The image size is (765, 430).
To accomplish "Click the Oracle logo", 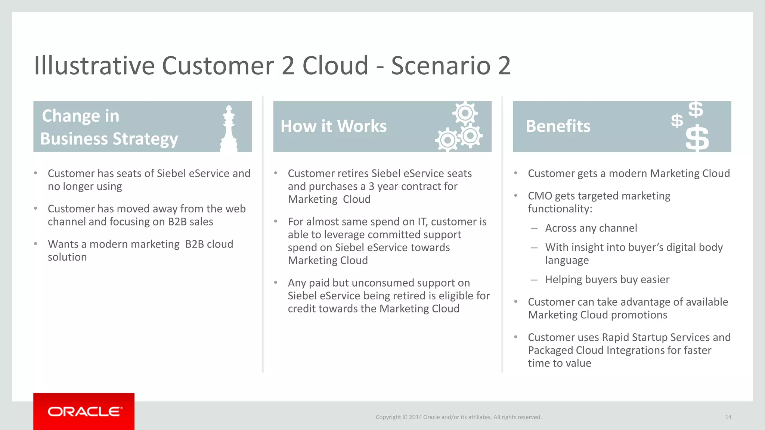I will [85, 411].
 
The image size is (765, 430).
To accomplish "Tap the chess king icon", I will [229, 129].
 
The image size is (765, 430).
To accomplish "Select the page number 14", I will [728, 417].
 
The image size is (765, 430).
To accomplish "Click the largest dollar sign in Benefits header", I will [697, 138].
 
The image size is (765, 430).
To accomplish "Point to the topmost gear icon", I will [465, 112].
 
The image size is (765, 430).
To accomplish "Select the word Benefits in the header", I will [558, 126].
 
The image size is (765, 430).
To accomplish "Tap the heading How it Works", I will [334, 126].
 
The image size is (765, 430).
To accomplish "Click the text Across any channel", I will [591, 228].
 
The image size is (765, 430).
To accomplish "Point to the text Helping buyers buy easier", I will [607, 280].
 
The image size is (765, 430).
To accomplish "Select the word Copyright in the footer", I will [388, 417].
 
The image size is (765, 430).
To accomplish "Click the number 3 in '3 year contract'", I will [371, 186].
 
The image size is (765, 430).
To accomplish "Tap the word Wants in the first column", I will [63, 244].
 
